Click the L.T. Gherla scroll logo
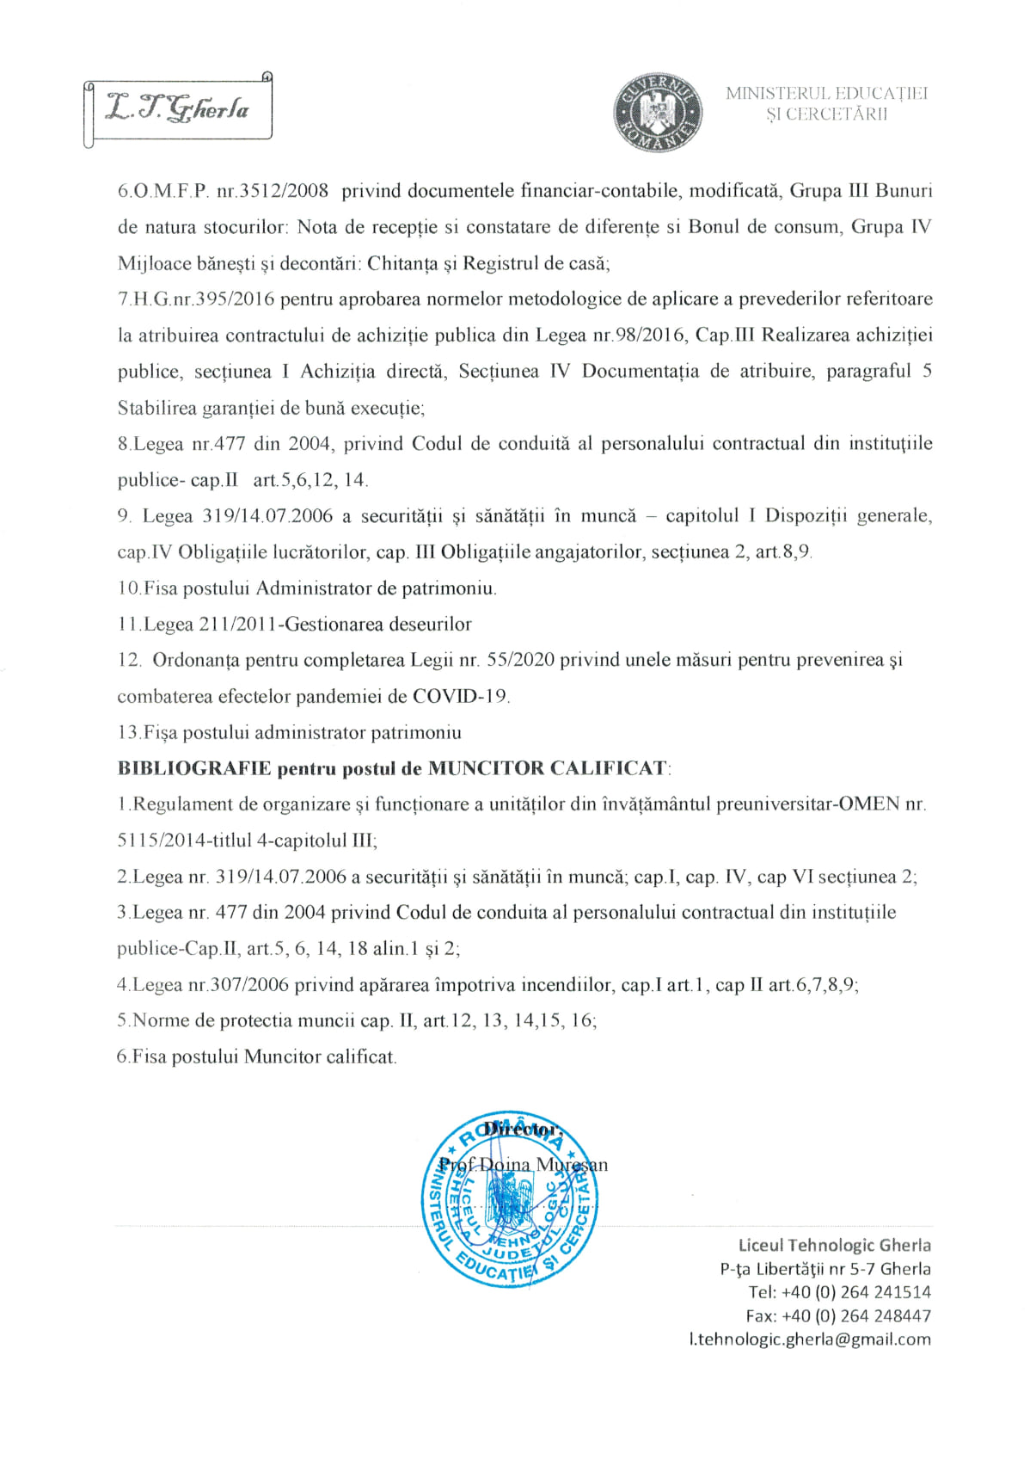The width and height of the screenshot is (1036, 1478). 179,109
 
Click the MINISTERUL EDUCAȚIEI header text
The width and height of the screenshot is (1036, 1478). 826,93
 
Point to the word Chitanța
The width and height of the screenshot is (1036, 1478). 402,263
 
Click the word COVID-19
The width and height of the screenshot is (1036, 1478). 460,697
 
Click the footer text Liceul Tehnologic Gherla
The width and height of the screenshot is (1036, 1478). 834,1245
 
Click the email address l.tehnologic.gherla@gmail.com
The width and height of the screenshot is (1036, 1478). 810,1339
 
